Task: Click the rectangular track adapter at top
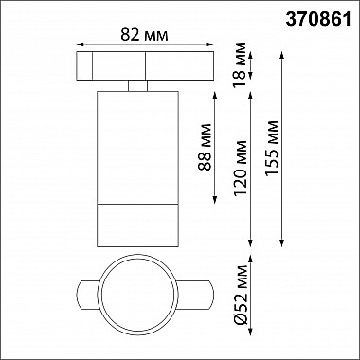click(138, 66)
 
